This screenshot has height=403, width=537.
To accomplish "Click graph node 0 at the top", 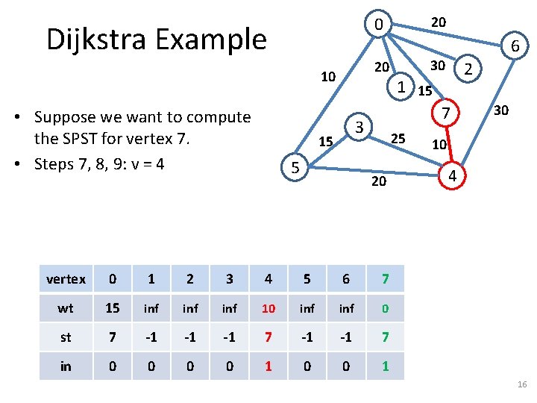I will click(379, 25).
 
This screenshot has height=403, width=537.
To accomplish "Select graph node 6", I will click(515, 48).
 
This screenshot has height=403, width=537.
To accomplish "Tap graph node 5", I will click(295, 169).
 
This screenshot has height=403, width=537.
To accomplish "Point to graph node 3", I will click(359, 127).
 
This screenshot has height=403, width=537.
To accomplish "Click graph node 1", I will click(401, 87).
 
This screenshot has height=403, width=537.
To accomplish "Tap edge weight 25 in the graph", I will click(398, 138).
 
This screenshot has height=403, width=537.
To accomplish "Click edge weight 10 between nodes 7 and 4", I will click(439, 144).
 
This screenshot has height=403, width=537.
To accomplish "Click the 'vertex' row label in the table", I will click(66, 279).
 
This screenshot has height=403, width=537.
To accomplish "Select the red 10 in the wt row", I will click(268, 308).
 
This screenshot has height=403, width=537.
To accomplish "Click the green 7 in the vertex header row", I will click(384, 279).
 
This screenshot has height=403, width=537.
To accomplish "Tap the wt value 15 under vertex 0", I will click(113, 308).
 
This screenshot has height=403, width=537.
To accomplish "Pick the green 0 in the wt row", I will click(384, 308).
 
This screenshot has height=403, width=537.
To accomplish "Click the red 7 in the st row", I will click(268, 337).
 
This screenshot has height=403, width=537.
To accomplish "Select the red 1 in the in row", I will click(268, 366).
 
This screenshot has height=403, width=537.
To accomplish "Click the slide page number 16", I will click(521, 384).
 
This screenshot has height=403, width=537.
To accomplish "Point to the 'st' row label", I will click(66, 337).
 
